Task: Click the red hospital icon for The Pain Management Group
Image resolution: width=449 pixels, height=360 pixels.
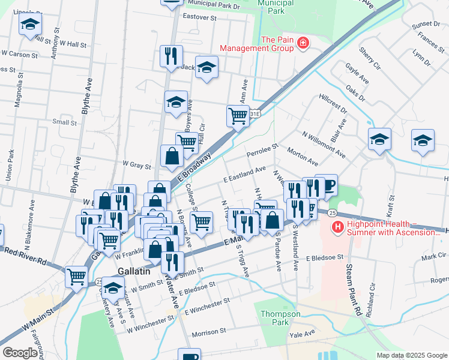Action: [303, 43]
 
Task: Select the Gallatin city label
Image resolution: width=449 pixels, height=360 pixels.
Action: [134, 271]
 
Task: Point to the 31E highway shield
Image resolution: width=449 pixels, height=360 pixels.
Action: [255, 113]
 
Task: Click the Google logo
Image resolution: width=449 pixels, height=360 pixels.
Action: [20, 353]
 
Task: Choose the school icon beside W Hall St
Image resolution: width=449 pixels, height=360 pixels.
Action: [29, 25]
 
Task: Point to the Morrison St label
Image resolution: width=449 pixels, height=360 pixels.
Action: [208, 331]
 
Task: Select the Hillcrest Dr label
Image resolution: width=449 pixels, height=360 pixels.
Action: [333, 102]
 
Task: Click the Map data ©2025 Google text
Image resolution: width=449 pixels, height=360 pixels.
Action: [411, 355]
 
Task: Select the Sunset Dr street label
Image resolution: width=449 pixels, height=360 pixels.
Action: [426, 24]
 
